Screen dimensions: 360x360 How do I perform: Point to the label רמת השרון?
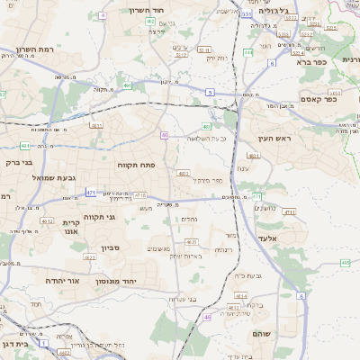coord(35,49)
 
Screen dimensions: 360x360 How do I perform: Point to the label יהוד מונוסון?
coord(139,281)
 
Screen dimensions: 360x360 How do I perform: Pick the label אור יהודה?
coord(63,281)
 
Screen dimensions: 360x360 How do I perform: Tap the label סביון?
coord(111,247)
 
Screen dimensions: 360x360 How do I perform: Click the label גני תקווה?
coord(100,217)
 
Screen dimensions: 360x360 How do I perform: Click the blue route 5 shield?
coord(210,92)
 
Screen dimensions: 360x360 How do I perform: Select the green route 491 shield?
coord(128,86)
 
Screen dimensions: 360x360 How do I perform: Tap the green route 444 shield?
coord(256,195)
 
